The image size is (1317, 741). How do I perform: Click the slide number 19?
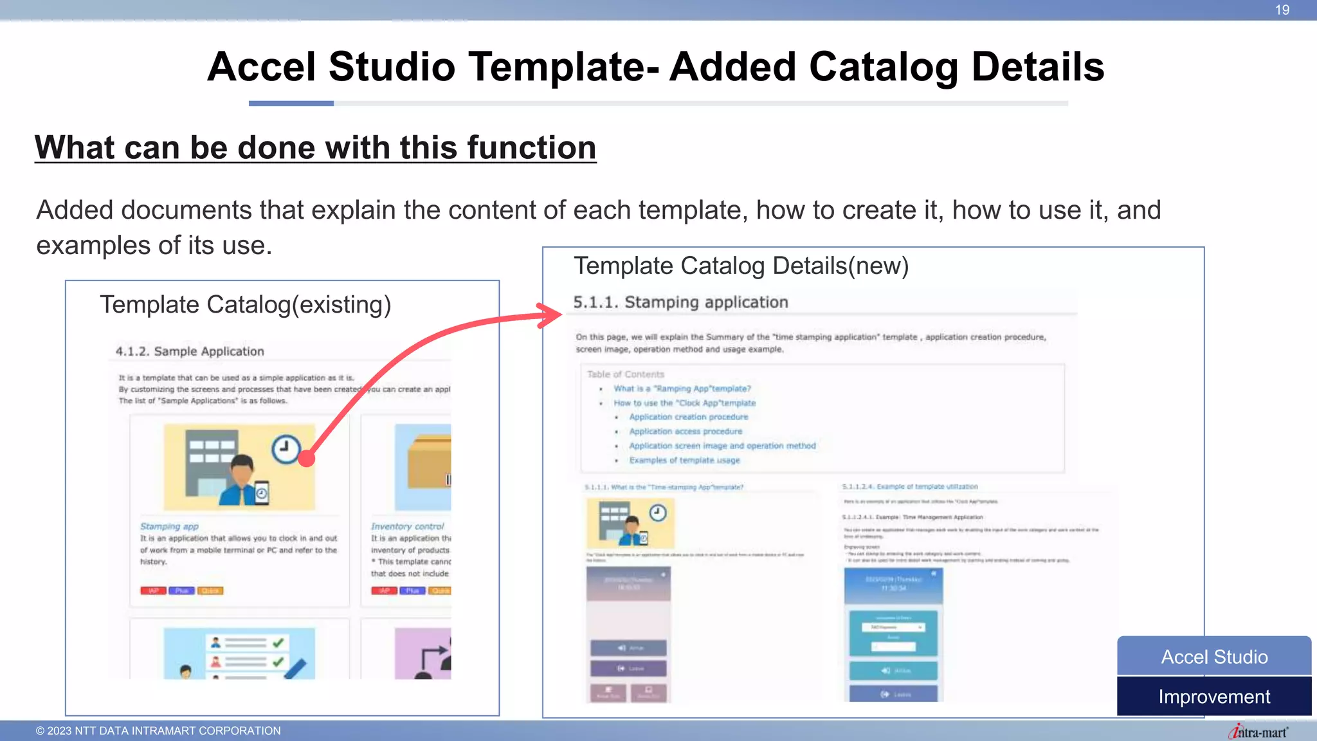point(1282,10)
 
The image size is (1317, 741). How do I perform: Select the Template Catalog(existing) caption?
point(245,304)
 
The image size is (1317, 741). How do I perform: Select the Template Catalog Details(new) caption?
point(741,266)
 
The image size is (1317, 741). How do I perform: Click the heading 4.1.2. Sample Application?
point(190,351)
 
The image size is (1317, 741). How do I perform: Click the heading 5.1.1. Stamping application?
point(680,302)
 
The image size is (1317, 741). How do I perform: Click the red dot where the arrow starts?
point(307,458)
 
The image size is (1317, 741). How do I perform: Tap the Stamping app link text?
point(169,526)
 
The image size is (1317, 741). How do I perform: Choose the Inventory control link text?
point(407,526)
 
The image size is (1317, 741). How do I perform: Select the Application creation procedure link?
point(688,417)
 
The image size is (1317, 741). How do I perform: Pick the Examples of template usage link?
point(684,460)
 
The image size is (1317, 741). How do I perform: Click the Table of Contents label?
point(625,374)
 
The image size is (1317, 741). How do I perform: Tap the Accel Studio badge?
point(1214,657)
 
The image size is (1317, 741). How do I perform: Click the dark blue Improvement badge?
point(1214,697)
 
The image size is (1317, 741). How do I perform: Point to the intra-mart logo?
point(1258,732)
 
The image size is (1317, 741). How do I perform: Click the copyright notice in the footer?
point(158,731)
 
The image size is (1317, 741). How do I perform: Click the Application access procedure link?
point(686,432)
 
